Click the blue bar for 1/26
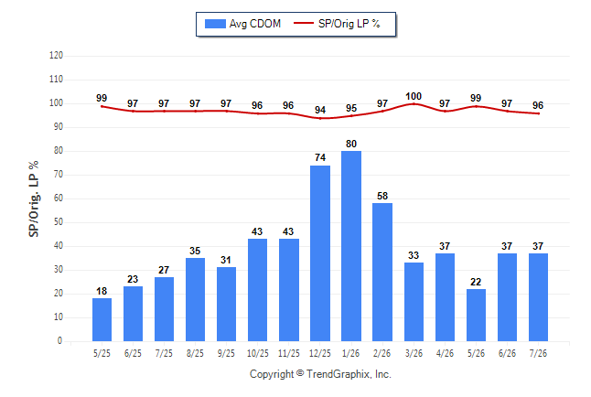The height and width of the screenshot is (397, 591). [351, 246]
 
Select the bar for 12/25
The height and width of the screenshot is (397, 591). [320, 253]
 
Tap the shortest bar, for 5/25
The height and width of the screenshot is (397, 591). [102, 320]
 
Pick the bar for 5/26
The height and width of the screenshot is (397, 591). [476, 316]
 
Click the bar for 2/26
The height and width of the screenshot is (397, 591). [382, 273]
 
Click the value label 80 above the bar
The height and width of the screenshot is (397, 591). [351, 144]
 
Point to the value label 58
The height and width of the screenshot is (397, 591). [382, 196]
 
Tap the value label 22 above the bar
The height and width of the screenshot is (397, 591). [476, 282]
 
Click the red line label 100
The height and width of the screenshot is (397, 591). [414, 96]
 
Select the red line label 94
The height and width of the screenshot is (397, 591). [320, 110]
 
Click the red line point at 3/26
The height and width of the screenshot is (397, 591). [414, 103]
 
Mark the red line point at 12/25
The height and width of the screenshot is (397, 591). [320, 118]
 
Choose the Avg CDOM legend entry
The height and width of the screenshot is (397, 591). [242, 24]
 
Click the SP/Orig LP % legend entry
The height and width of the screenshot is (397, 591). [337, 24]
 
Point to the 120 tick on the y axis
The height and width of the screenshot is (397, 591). [56, 56]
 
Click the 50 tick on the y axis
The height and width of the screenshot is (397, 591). [58, 221]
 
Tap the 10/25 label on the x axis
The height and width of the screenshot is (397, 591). [258, 353]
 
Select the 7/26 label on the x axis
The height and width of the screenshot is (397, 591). [538, 353]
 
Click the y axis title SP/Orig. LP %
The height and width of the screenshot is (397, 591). [34, 198]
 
